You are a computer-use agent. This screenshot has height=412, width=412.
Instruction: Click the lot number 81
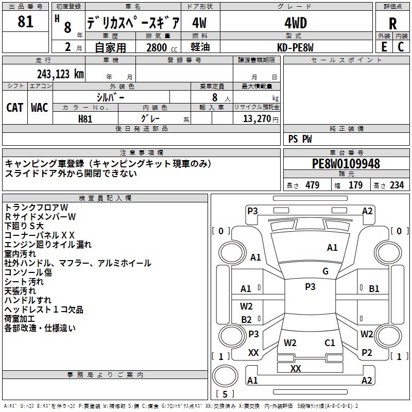(x=25, y=21)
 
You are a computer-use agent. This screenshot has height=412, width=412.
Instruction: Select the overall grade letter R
(x=392, y=24)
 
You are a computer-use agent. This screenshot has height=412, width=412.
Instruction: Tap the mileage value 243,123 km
(x=60, y=74)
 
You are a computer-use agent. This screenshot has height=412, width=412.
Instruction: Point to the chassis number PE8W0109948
(x=346, y=164)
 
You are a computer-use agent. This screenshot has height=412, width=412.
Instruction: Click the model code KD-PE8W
(x=295, y=47)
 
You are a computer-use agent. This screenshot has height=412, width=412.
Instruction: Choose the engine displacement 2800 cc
(x=162, y=47)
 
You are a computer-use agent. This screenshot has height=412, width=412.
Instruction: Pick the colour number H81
(x=85, y=119)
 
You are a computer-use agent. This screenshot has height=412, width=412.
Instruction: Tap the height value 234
(x=397, y=185)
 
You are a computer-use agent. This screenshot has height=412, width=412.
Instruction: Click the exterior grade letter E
(x=384, y=47)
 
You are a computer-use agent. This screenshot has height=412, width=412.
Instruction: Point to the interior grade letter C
(x=401, y=47)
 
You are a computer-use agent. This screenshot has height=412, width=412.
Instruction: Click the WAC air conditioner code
(x=40, y=108)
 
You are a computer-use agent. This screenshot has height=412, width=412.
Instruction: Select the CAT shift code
(x=15, y=108)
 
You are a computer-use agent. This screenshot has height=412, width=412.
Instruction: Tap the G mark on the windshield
(x=325, y=271)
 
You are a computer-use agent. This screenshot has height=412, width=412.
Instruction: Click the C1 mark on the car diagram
(x=330, y=342)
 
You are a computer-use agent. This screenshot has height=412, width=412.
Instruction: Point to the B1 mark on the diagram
(x=374, y=289)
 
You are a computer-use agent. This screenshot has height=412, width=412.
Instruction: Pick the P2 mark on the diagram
(x=367, y=352)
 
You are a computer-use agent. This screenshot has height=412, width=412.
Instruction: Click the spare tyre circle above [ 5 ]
(x=225, y=376)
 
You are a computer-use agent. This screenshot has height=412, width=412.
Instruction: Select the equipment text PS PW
(x=300, y=139)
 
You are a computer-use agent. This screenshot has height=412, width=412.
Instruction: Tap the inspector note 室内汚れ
(x=20, y=254)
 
